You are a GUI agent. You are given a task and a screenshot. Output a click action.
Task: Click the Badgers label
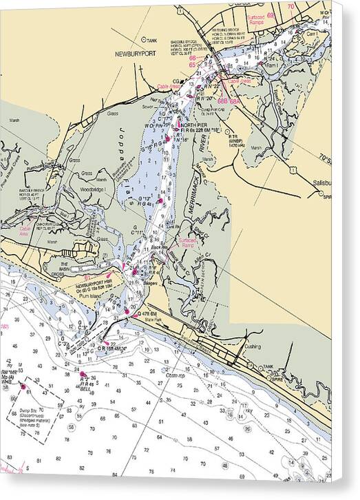coord(152,282)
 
